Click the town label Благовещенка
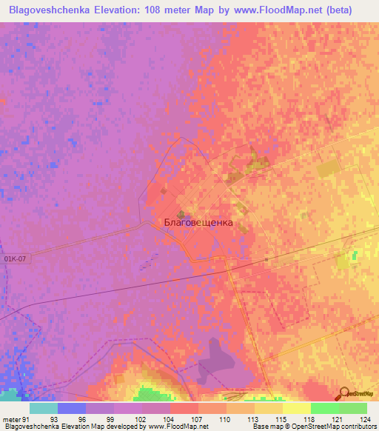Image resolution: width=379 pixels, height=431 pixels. tap(198, 222)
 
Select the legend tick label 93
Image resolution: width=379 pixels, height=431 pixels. tap(54, 419)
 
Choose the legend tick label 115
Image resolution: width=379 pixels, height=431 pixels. tap(282, 419)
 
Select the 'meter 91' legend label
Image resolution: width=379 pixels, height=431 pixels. tap(15, 419)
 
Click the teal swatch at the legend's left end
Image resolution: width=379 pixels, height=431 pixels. tap(43, 408)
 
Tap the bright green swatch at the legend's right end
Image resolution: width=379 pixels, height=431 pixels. tap(352, 408)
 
